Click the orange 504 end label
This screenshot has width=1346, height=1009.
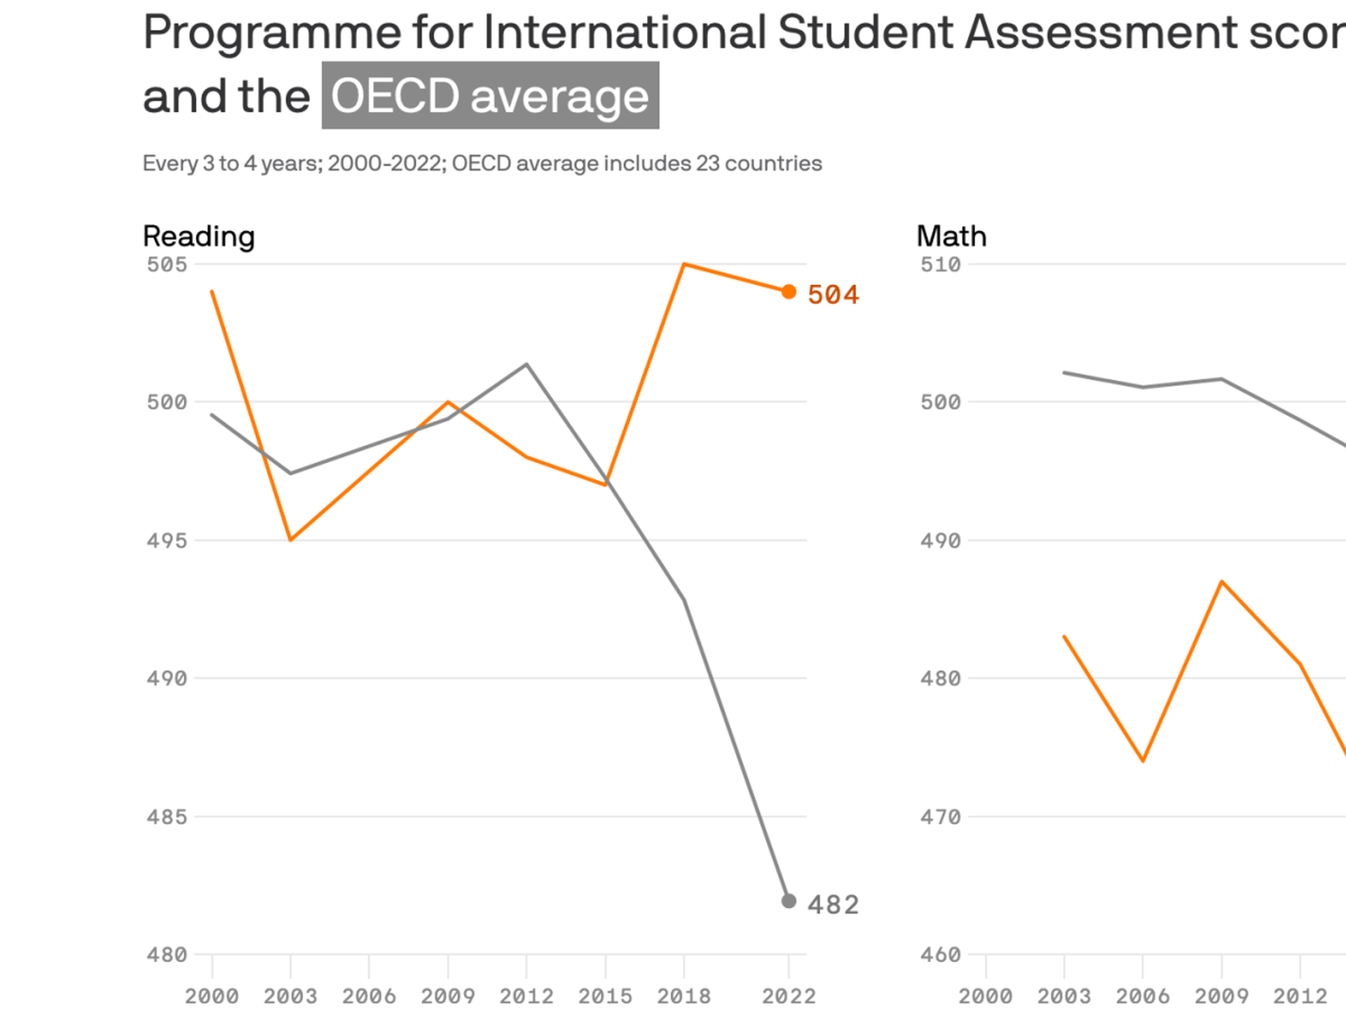pyautogui.click(x=833, y=295)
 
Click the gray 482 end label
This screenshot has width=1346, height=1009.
pyautogui.click(x=833, y=905)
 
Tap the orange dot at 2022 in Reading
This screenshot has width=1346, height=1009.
pyautogui.click(x=789, y=291)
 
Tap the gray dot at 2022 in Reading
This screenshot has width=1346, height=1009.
pyautogui.click(x=789, y=901)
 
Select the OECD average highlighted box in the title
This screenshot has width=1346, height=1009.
pyautogui.click(x=490, y=96)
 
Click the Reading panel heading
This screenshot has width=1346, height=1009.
pyautogui.click(x=198, y=236)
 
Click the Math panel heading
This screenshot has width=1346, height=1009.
pyautogui.click(x=951, y=236)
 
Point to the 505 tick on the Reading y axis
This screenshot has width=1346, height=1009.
pyautogui.click(x=167, y=264)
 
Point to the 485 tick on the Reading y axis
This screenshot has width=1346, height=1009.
pyautogui.click(x=167, y=817)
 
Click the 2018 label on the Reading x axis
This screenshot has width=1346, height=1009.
pyautogui.click(x=684, y=996)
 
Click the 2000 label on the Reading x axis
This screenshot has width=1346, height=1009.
pyautogui.click(x=212, y=996)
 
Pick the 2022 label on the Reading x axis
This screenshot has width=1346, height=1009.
pyautogui.click(x=789, y=996)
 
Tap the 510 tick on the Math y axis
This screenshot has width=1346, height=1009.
pyautogui.click(x=940, y=264)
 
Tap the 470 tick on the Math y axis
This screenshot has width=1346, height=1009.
pyautogui.click(x=940, y=817)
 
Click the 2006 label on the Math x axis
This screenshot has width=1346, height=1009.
pyautogui.click(x=1143, y=996)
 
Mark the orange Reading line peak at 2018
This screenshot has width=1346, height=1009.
pyautogui.click(x=684, y=265)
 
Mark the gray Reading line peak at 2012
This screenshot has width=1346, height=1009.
pyautogui.click(x=526, y=364)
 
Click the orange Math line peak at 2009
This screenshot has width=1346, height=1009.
pyautogui.click(x=1222, y=582)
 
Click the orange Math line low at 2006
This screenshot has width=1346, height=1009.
pyautogui.click(x=1143, y=760)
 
